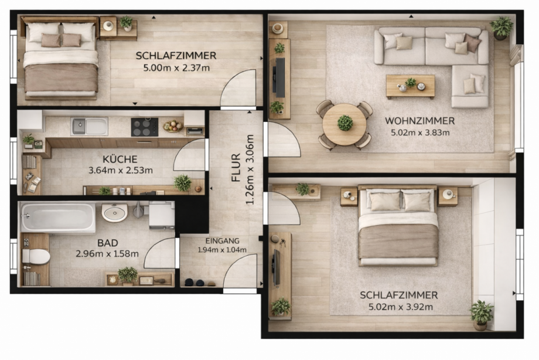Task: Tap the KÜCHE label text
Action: pyautogui.click(x=120, y=159)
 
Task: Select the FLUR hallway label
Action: pyautogui.click(x=236, y=167)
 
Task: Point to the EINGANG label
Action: pyautogui.click(x=223, y=240)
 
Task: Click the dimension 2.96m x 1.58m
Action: pyautogui.click(x=107, y=254)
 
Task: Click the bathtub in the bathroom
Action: pyautogui.click(x=57, y=217)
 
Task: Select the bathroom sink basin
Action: pyautogui.click(x=114, y=212)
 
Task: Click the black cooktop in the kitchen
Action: pyautogui.click(x=144, y=127)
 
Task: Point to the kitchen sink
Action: pyautogui.click(x=89, y=126)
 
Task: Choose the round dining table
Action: pyautogui.click(x=344, y=124)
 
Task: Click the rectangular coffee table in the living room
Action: pyautogui.click(x=410, y=86)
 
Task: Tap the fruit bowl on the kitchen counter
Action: pyautogui.click(x=173, y=125)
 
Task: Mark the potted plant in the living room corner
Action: pyautogui.click(x=501, y=27)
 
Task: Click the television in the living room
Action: pyautogui.click(x=280, y=77)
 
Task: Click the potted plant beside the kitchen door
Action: pyautogui.click(x=183, y=183)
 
